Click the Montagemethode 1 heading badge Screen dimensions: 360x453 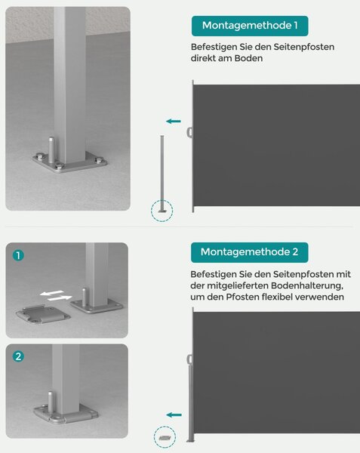250,26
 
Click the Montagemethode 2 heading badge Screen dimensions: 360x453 249,252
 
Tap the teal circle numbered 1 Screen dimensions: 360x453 18,255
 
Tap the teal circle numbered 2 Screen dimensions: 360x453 18,356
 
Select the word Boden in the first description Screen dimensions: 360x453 248,58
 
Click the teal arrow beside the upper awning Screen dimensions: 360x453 174,122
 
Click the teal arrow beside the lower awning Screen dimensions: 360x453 174,415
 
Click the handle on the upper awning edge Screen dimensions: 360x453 189,133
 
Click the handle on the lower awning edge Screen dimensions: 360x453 189,359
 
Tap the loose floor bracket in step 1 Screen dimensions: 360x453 43,315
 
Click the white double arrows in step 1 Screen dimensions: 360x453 56,295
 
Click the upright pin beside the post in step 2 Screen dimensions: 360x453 51,402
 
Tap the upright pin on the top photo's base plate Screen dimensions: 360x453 51,150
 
